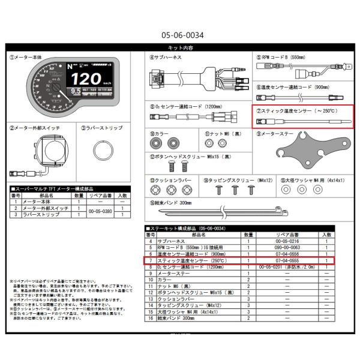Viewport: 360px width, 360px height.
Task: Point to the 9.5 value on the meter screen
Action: coord(76,92)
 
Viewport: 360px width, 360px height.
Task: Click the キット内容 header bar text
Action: coord(179,47)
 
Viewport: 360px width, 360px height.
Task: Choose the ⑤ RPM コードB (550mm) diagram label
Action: coord(286,58)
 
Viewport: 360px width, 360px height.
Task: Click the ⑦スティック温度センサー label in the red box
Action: coord(296,111)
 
